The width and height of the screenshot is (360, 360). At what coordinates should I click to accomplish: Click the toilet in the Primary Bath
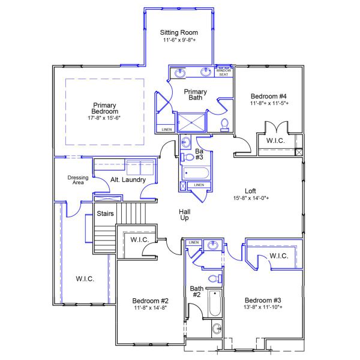pos(225,124)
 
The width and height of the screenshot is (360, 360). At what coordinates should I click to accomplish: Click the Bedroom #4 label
pos(268,96)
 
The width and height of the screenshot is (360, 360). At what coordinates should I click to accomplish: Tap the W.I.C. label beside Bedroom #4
pos(275,140)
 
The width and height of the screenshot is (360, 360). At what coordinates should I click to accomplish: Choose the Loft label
pos(251,191)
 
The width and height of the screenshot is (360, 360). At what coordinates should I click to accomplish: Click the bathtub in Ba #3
pos(196,173)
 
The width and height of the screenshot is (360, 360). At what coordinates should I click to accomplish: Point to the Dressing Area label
pos(76,180)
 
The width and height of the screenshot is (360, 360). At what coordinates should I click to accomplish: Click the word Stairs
pos(106,213)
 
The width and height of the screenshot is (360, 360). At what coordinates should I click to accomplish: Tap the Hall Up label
pos(185,215)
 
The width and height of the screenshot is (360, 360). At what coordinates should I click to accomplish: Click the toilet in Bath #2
pos(214,278)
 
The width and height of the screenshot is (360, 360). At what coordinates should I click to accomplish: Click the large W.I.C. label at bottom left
pos(84,278)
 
